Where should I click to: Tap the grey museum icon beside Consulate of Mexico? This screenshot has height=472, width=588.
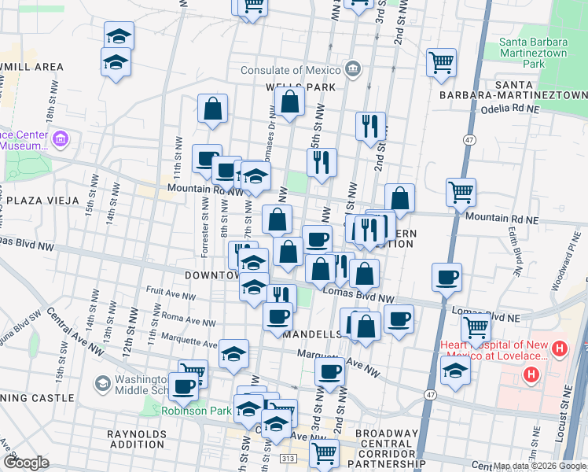[352, 69]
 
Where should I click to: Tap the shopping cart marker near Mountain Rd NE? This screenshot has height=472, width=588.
[461, 192]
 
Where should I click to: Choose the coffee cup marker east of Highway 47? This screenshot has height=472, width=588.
[447, 278]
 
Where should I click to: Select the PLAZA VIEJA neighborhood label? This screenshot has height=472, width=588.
[40, 200]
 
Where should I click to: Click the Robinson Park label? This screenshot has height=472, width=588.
[186, 411]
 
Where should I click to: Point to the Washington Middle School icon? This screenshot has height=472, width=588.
[101, 382]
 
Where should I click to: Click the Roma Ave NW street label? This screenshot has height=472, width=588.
[191, 321]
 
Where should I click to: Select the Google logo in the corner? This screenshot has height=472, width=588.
[25, 463]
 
